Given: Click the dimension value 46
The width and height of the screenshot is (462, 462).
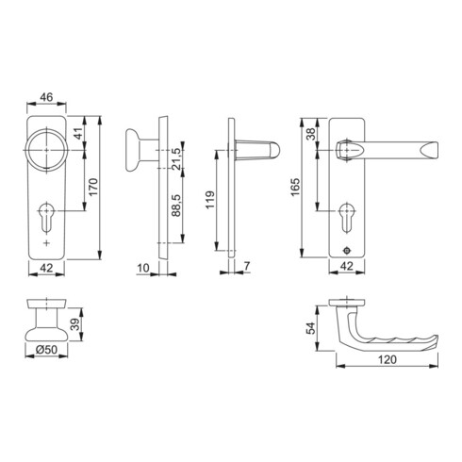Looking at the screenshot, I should pyautogui.click(x=46, y=97).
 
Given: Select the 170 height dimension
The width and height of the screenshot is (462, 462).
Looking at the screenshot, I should pyautogui.click(x=93, y=186).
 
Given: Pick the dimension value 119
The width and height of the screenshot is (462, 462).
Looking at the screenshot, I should pyautogui.click(x=210, y=201).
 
